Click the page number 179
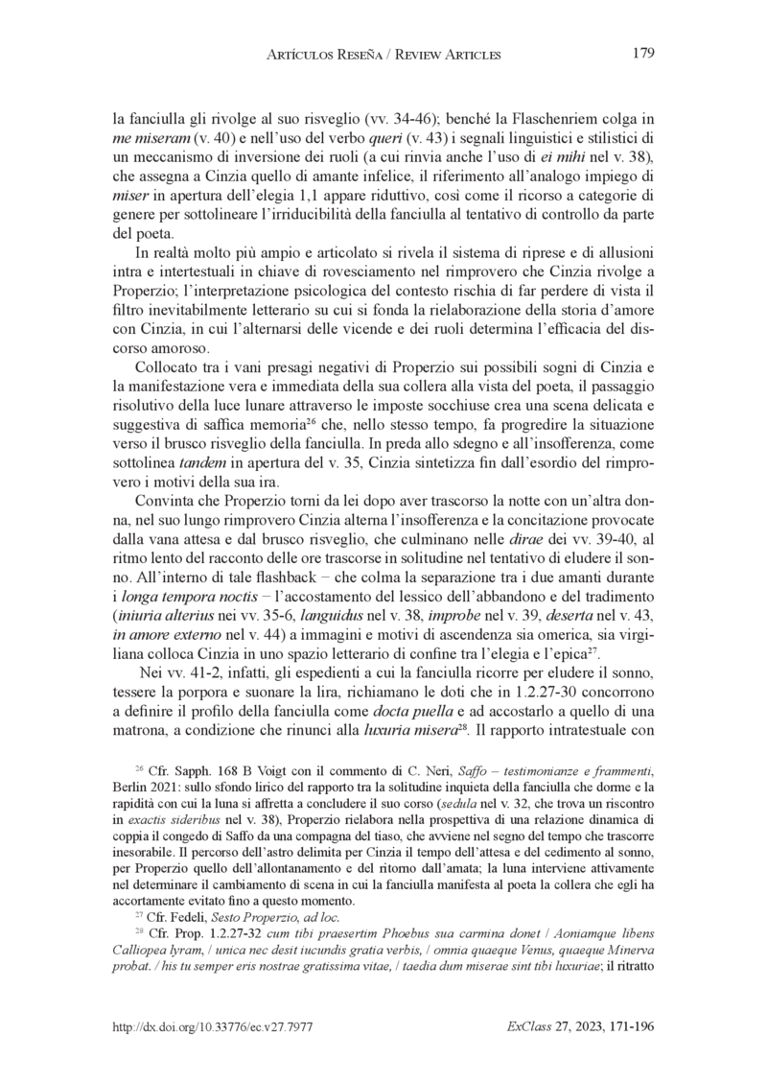coord(643,54)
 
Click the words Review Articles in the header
coord(450,56)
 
